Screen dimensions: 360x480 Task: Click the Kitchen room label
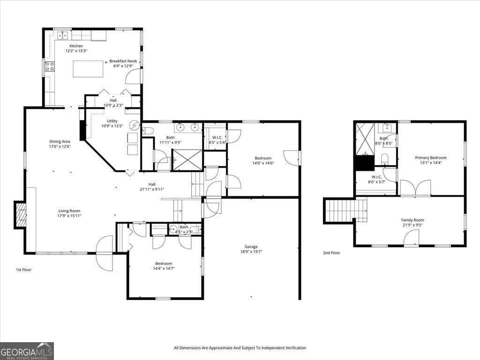pyautogui.click(x=76, y=46)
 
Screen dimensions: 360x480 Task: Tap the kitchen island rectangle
pyautogui.click(x=88, y=68)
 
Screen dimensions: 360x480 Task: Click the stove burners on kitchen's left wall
pyautogui.click(x=49, y=66)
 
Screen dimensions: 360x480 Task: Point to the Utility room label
pyautogui.click(x=112, y=121)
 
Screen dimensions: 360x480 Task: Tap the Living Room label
pyautogui.click(x=69, y=211)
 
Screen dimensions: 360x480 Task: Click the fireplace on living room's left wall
pyautogui.click(x=21, y=215)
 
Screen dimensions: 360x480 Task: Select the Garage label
pyautogui.click(x=251, y=247)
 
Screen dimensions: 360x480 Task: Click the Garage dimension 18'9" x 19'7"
pyautogui.click(x=251, y=252)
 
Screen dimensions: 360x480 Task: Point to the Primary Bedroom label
pyautogui.click(x=431, y=158)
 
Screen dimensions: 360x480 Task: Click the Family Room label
pyautogui.click(x=412, y=220)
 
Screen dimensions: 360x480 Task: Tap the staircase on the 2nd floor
pyautogui.click(x=345, y=210)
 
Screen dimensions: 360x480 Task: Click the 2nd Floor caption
pyautogui.click(x=331, y=253)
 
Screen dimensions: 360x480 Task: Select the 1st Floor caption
pyautogui.click(x=23, y=270)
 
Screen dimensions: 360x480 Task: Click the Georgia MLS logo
pyautogui.click(x=27, y=351)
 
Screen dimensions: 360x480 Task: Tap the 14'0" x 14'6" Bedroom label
pyautogui.click(x=263, y=158)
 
